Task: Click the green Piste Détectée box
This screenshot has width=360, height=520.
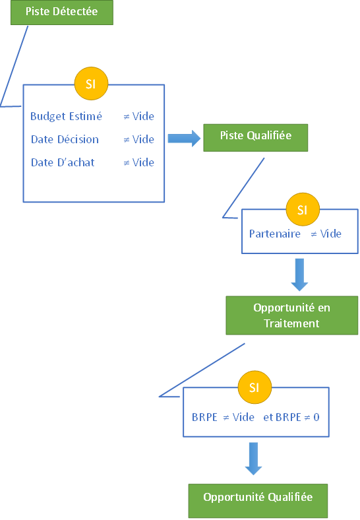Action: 62,13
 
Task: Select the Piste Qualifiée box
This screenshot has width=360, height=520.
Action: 256,138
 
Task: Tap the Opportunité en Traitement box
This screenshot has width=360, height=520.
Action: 291,315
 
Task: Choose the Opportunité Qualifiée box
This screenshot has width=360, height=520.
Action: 258,500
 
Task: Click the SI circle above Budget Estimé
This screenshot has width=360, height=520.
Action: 91,84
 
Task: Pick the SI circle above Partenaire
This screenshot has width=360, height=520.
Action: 303,209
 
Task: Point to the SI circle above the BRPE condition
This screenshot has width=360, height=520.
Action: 255,387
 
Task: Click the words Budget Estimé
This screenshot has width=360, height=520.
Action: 67,116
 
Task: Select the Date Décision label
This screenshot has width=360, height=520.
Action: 65,139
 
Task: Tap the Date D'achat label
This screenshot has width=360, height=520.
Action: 63,162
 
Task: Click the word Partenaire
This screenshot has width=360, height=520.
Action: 275,234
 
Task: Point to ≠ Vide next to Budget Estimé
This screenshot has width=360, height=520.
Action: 139,116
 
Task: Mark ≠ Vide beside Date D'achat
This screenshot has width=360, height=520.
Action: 139,162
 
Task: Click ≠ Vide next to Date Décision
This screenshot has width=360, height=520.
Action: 139,139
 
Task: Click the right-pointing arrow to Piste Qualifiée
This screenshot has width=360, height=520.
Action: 184,139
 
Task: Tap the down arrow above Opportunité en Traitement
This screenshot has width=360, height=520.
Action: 299,275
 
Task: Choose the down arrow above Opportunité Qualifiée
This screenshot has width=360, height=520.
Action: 254,459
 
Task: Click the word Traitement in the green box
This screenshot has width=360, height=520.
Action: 291,323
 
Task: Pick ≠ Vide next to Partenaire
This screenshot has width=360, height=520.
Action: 326,234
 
